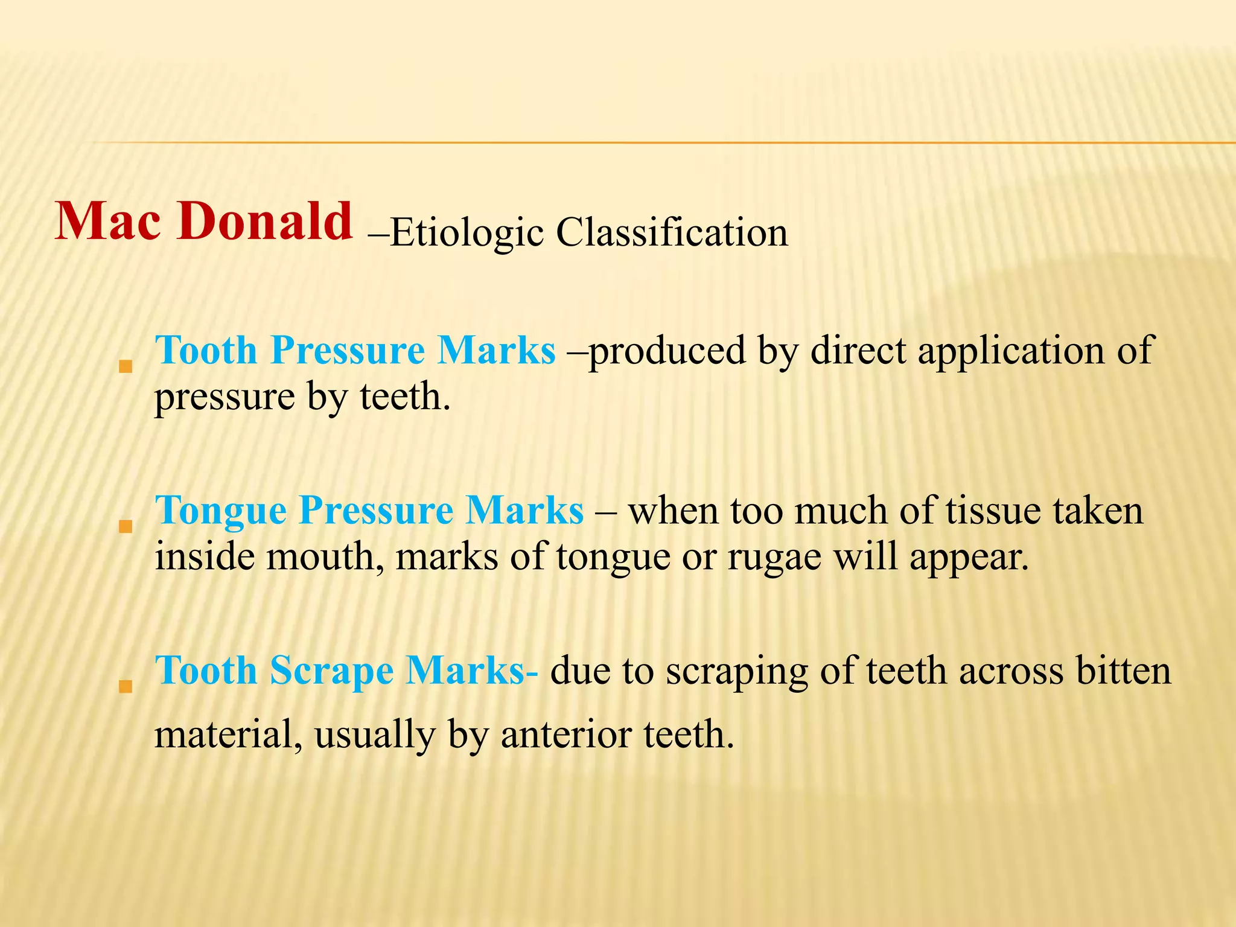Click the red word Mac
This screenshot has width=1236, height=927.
pyautogui.click(x=109, y=221)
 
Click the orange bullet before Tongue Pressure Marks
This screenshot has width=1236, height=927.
pyautogui.click(x=126, y=526)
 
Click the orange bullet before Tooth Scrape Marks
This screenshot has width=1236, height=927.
pyautogui.click(x=126, y=686)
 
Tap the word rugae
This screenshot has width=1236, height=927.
pyautogui.click(x=774, y=557)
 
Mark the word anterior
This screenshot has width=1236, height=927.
pyautogui.click(x=567, y=735)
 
